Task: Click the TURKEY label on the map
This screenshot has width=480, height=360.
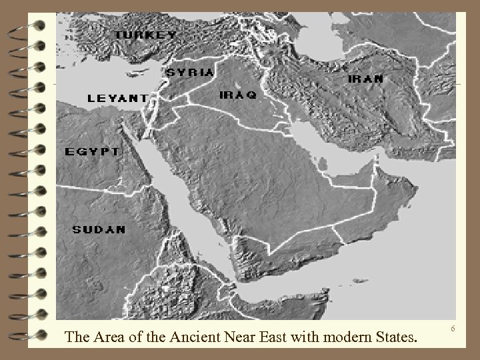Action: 145,35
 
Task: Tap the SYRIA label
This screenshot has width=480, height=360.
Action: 190,71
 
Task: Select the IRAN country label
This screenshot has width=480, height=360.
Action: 366,79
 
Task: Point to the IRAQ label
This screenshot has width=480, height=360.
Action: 237,95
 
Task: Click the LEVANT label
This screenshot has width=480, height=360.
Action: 118,98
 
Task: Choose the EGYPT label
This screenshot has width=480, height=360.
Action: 92,151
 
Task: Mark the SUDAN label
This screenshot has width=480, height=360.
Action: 99,229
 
